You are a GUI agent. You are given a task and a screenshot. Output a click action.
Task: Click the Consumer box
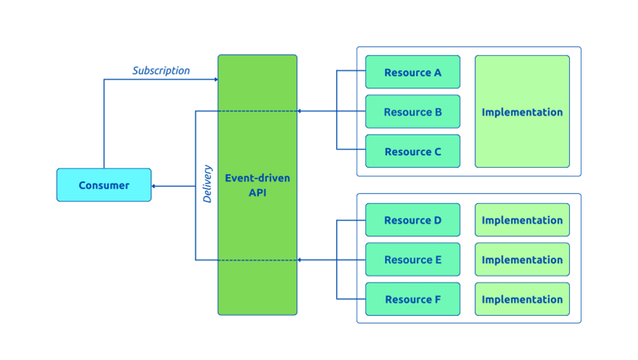pyautogui.click(x=104, y=185)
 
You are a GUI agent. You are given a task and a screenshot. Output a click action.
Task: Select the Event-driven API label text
pyautogui.click(x=257, y=185)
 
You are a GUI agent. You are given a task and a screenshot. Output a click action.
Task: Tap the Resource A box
pyautogui.click(x=412, y=72)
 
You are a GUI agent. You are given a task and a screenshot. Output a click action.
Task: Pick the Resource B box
pyautogui.click(x=412, y=112)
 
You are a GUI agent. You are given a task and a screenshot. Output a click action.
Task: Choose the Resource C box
pyautogui.click(x=412, y=152)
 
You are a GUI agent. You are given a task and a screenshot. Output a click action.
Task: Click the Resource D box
pyautogui.click(x=412, y=220)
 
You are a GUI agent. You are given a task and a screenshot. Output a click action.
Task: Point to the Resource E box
pyautogui.click(x=412, y=260)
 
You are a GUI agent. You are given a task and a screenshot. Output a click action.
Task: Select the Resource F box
pyautogui.click(x=412, y=299)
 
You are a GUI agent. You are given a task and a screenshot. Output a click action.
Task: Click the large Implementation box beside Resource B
pyautogui.click(x=522, y=112)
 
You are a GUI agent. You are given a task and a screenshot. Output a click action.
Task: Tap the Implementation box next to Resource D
pyautogui.click(x=522, y=220)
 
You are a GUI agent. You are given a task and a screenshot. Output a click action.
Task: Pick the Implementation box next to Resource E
pyautogui.click(x=522, y=260)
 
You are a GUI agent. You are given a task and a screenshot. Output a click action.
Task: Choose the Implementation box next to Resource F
pyautogui.click(x=522, y=299)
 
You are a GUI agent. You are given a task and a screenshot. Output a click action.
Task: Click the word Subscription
pyautogui.click(x=161, y=71)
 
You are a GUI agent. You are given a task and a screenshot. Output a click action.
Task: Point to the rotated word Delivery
pyautogui.click(x=208, y=184)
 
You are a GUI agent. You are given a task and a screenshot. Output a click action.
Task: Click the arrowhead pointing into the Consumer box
pyautogui.click(x=154, y=186)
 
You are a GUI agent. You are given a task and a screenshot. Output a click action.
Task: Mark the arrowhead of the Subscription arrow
pyautogui.click(x=216, y=79)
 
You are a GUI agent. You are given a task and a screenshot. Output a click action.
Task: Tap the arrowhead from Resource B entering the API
pyautogui.click(x=300, y=111)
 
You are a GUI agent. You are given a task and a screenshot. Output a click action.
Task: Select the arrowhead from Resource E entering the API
pyautogui.click(x=300, y=260)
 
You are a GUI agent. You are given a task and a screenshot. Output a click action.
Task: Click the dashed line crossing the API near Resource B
pyautogui.click(x=257, y=111)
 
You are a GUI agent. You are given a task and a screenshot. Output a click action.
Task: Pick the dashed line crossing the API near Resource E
pyautogui.click(x=257, y=260)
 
